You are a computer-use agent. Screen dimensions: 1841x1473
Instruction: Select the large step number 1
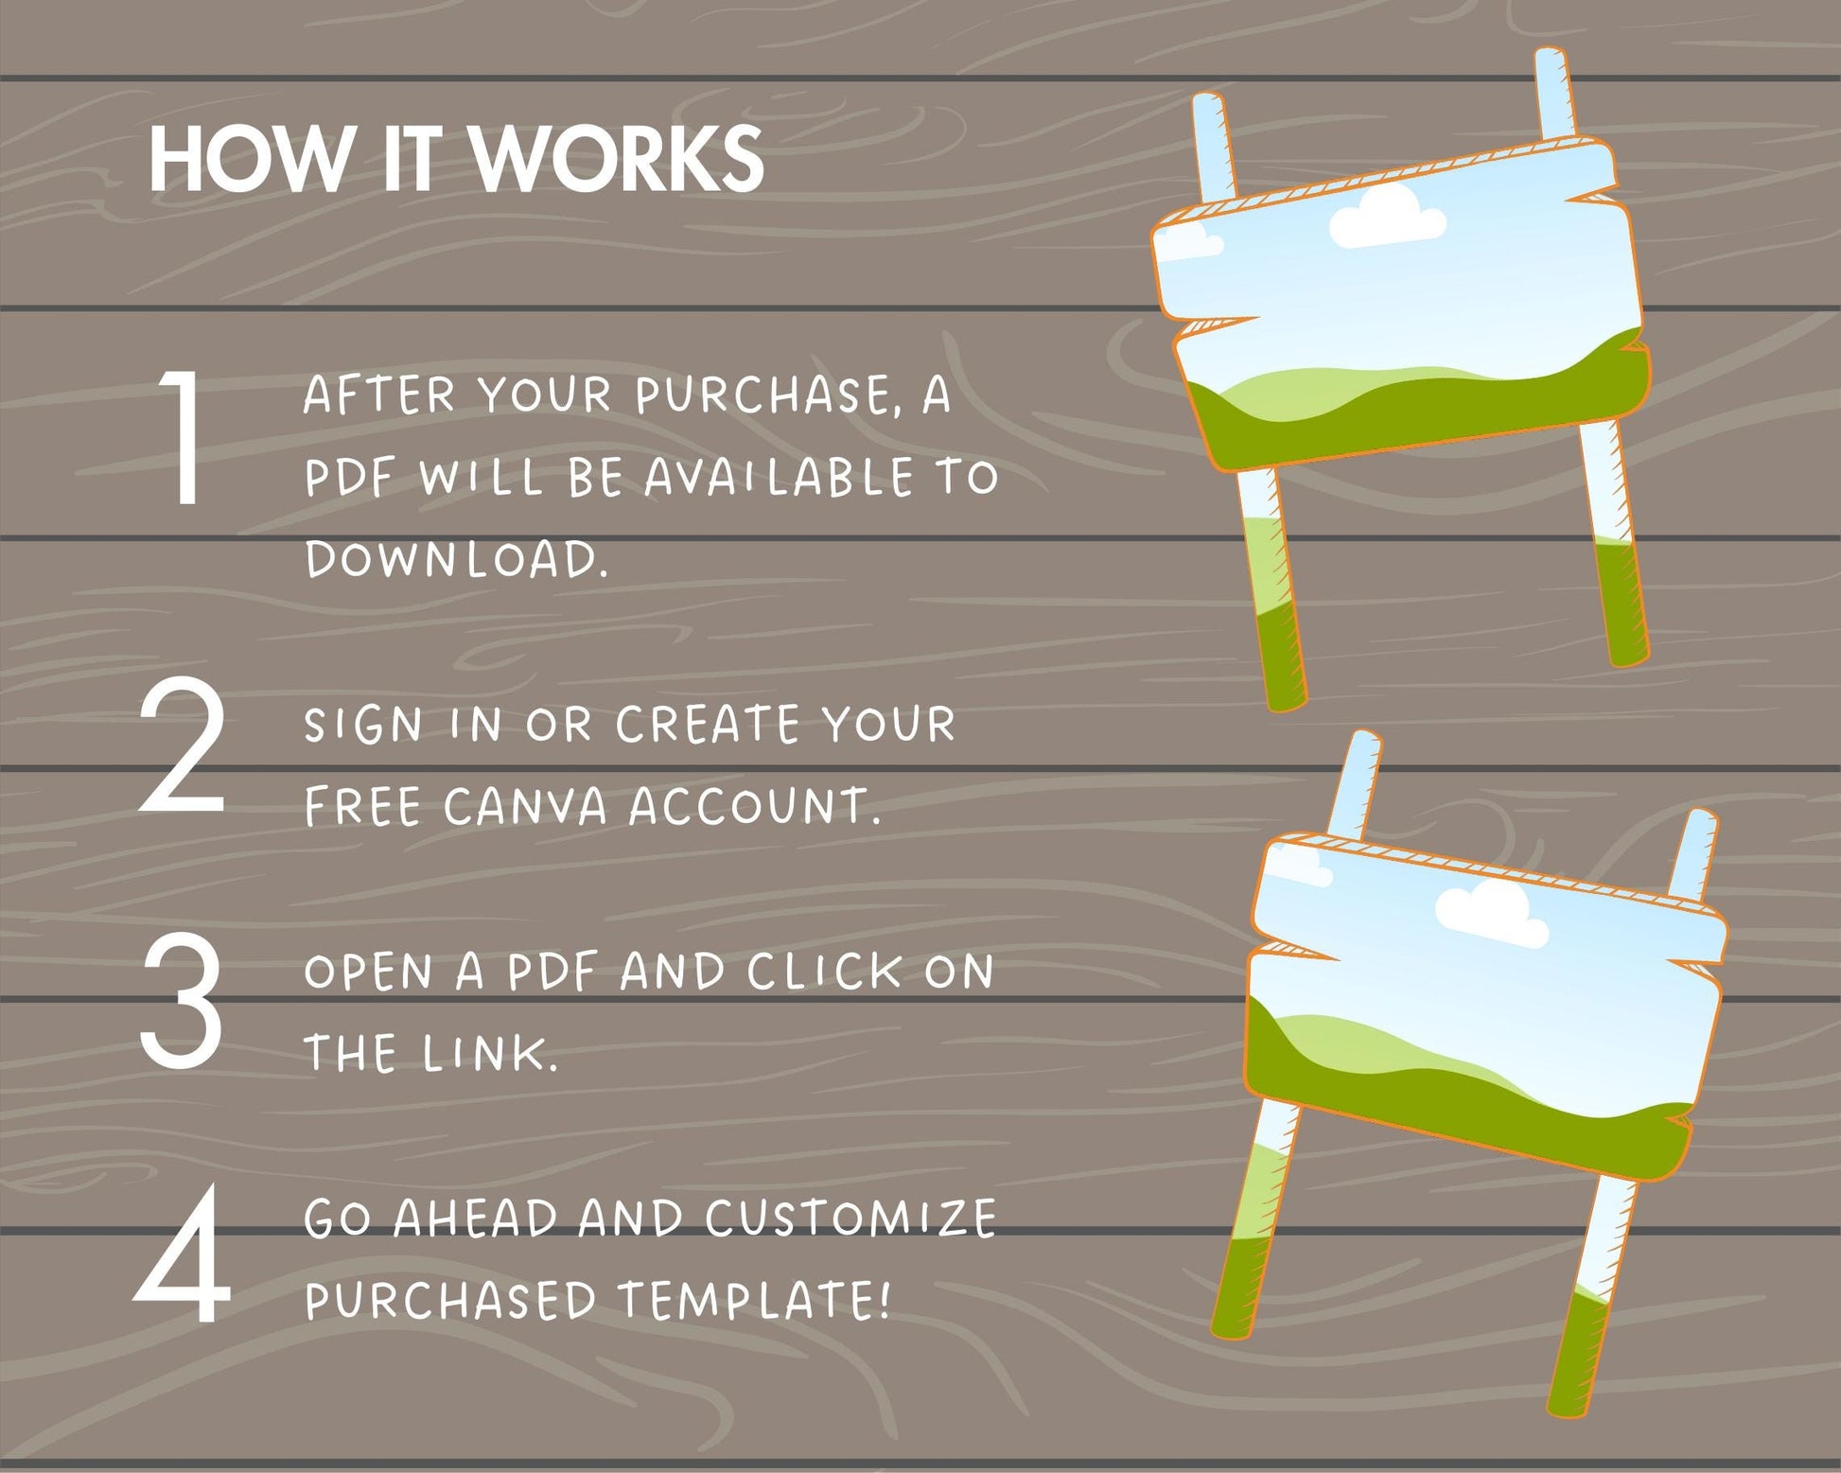(x=182, y=436)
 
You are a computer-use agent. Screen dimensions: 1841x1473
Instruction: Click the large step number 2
(x=182, y=748)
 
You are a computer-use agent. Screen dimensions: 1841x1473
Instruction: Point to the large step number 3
(x=182, y=997)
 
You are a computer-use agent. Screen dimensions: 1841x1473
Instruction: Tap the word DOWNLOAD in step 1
(x=456, y=560)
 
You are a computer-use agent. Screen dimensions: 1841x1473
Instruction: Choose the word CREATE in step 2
(x=710, y=726)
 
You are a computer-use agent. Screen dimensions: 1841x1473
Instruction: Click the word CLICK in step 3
(x=825, y=972)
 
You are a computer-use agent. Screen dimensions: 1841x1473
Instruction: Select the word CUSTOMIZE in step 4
(x=850, y=1219)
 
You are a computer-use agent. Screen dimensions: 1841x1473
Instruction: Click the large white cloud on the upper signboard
(x=1387, y=215)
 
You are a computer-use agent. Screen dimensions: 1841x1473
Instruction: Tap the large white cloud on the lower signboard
(x=1492, y=910)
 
